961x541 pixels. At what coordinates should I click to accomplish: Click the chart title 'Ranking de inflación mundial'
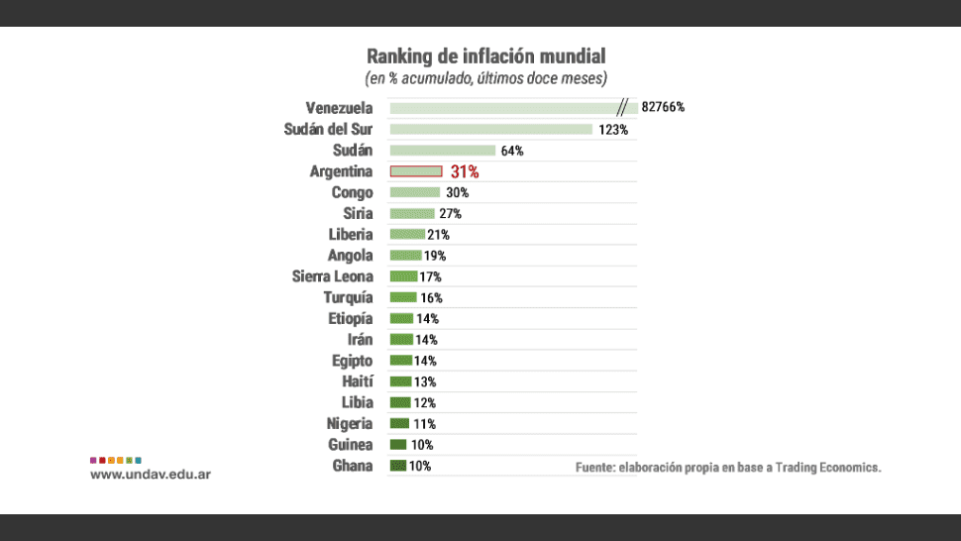[485, 55]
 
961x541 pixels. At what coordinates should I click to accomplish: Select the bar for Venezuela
[500, 107]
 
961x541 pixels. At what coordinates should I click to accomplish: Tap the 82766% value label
[663, 107]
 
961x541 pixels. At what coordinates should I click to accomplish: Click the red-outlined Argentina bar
[416, 171]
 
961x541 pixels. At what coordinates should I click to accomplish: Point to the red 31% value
[465, 171]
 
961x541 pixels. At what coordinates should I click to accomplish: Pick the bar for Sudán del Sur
[490, 129]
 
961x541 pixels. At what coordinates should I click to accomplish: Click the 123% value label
[612, 129]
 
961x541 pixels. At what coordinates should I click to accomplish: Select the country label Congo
[352, 192]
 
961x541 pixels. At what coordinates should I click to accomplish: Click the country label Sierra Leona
[332, 276]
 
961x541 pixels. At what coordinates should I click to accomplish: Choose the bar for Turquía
[403, 297]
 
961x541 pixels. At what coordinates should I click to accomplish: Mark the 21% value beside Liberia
[438, 235]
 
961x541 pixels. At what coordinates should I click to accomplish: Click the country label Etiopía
[350, 318]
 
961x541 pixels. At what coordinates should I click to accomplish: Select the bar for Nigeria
[399, 423]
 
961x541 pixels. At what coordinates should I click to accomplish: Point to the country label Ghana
[353, 466]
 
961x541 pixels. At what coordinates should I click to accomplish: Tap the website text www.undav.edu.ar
[150, 475]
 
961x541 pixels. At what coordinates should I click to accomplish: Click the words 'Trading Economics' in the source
[827, 467]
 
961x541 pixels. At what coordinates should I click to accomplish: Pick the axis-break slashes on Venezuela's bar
[623, 107]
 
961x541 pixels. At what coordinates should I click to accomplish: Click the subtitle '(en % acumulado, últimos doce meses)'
[485, 77]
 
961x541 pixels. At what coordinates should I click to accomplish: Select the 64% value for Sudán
[511, 151]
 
